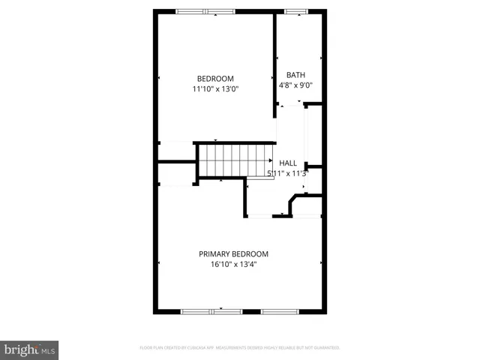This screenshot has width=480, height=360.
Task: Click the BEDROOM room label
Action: (x=215, y=79)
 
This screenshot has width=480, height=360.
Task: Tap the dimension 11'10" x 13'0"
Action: (x=215, y=89)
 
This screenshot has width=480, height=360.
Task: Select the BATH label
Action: (x=295, y=75)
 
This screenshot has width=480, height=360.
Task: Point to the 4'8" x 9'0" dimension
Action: (x=295, y=85)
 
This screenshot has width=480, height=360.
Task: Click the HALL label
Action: (x=288, y=163)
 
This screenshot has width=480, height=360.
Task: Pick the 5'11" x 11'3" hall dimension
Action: (x=288, y=173)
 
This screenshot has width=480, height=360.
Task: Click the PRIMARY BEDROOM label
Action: (x=233, y=253)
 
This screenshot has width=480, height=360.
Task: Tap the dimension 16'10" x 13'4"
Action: (x=233, y=264)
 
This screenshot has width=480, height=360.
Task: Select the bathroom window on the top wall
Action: (x=295, y=11)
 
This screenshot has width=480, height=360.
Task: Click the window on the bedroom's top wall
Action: (x=205, y=11)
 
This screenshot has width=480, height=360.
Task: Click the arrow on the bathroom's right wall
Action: (x=321, y=58)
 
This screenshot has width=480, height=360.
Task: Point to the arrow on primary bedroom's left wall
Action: (x=160, y=262)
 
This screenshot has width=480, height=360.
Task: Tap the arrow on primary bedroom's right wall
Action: (x=322, y=262)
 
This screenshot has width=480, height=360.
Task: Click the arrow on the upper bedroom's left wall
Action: (x=160, y=78)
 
